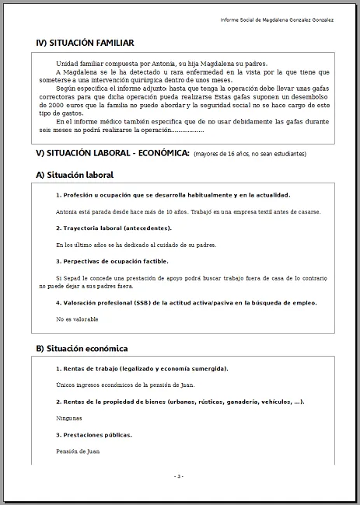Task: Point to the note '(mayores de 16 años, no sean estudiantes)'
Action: click(250, 154)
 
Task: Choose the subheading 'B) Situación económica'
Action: click(82, 348)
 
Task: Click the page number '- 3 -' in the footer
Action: click(179, 475)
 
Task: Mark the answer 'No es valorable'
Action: click(78, 319)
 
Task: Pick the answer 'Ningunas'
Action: click(70, 418)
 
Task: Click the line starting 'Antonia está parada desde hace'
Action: click(188, 211)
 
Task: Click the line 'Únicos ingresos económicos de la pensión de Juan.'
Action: click(125, 385)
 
